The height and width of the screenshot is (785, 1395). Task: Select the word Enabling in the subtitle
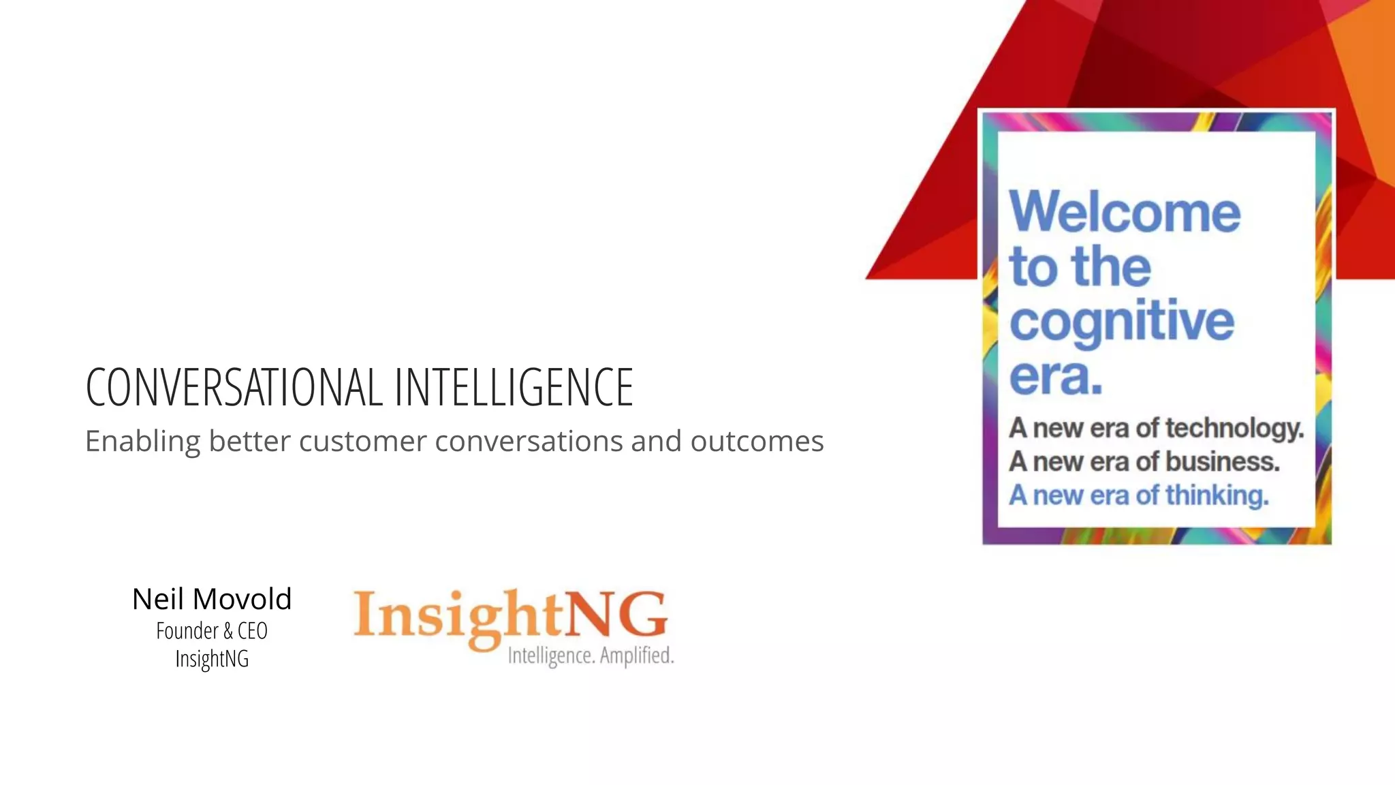142,442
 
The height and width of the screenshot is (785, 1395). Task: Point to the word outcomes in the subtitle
757,442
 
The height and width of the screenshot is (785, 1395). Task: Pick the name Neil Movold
212,599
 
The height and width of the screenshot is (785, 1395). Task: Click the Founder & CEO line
212,631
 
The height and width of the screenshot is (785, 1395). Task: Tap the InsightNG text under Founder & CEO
212,659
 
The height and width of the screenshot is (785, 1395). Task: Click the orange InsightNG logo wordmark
510,615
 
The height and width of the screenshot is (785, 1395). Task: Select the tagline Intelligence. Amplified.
591,656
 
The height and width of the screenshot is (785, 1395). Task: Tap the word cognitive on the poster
1121,322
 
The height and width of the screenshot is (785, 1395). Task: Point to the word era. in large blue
1055,376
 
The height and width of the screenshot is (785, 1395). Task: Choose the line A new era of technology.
1156,428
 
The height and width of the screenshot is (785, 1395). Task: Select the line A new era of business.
1144,461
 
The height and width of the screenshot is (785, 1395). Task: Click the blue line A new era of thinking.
1139,495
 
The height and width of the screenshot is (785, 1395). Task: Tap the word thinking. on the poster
1217,495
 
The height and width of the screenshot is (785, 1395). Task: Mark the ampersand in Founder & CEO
228,631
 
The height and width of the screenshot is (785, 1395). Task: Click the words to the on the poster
1080,266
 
